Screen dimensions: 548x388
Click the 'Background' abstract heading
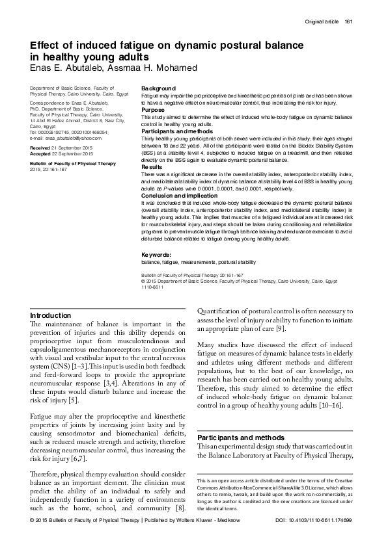click(x=158, y=88)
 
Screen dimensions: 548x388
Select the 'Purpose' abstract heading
click(x=153, y=110)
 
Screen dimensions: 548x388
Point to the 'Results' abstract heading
click(x=152, y=167)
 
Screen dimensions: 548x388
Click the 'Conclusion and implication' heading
click(x=178, y=196)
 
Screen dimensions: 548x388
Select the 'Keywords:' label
click(x=156, y=255)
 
